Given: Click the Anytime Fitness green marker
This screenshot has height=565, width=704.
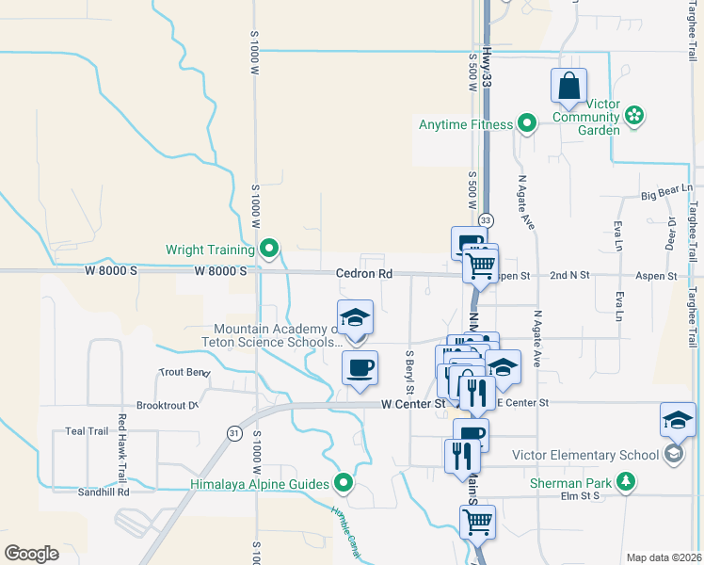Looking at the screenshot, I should pos(527,123).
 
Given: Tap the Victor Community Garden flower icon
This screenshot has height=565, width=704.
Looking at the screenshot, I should pos(635,115).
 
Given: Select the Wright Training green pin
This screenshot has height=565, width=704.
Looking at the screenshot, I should pos(270,250).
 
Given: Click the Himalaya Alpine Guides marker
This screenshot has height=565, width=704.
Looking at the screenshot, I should pos(344,483).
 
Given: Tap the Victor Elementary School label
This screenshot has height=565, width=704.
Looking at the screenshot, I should pos(585,455).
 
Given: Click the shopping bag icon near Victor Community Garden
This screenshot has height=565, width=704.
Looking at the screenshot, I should pos(570,88).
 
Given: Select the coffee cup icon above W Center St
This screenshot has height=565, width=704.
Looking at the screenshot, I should pos(360,366).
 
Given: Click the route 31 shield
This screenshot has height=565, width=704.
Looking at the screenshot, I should pos(233,432).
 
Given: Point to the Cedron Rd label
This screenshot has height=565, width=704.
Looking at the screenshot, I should pos(363,273).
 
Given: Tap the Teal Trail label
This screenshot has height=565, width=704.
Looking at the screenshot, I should pos(88,431).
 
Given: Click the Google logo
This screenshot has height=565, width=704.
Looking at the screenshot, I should pos(31,554).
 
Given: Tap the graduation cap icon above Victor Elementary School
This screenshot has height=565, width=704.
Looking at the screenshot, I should pos(678,421).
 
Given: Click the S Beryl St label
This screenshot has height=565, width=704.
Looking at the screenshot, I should pos(410,372).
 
